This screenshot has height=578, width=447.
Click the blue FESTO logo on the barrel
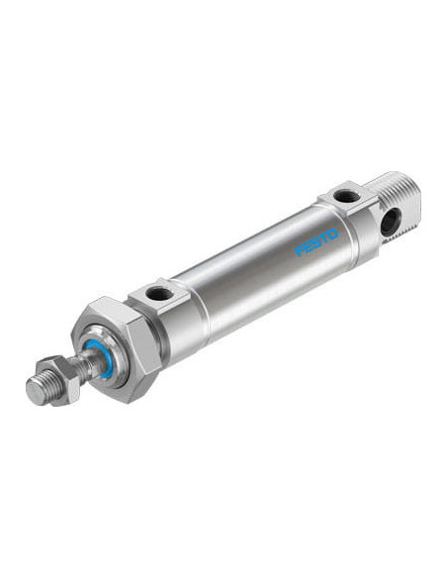(316, 241)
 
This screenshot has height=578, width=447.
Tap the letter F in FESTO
(300, 251)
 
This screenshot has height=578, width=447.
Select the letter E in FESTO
(309, 246)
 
